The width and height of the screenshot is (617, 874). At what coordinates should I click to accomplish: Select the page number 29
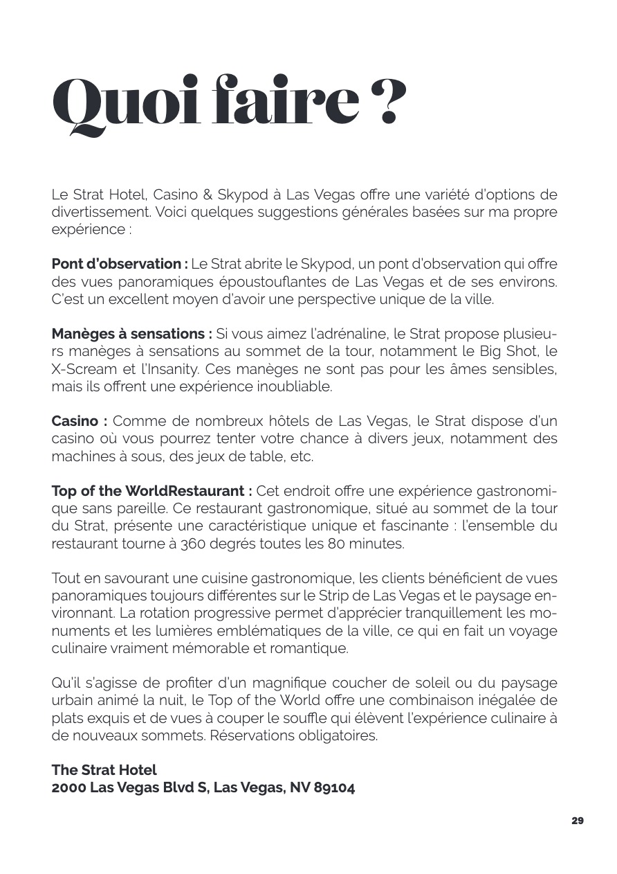tap(578, 821)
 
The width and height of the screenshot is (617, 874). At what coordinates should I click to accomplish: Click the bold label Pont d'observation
tap(119, 264)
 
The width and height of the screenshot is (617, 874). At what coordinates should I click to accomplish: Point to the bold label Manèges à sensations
tap(131, 334)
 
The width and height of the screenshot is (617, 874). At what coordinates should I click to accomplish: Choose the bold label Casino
tap(79, 421)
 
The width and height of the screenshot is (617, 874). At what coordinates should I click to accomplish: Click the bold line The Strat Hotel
tap(104, 769)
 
